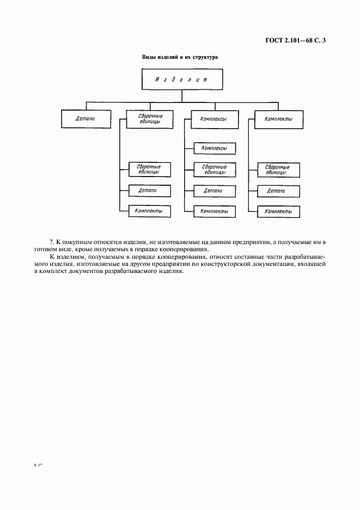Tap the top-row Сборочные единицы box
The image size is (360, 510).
click(x=150, y=119)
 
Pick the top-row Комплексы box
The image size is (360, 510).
click(x=214, y=119)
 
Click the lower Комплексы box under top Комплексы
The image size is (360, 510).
click(x=214, y=148)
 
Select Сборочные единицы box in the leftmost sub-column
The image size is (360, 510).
click(x=149, y=169)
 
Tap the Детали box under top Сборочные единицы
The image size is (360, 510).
click(x=149, y=191)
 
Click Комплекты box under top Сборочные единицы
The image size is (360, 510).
click(x=149, y=211)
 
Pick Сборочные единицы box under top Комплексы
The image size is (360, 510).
click(x=214, y=169)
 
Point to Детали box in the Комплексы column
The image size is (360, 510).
click(x=214, y=191)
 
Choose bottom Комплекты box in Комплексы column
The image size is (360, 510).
click(x=214, y=211)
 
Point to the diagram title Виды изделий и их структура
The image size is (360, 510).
click(x=180, y=57)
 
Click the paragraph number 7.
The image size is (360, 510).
click(x=52, y=241)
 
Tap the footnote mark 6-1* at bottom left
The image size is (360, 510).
click(x=38, y=465)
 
